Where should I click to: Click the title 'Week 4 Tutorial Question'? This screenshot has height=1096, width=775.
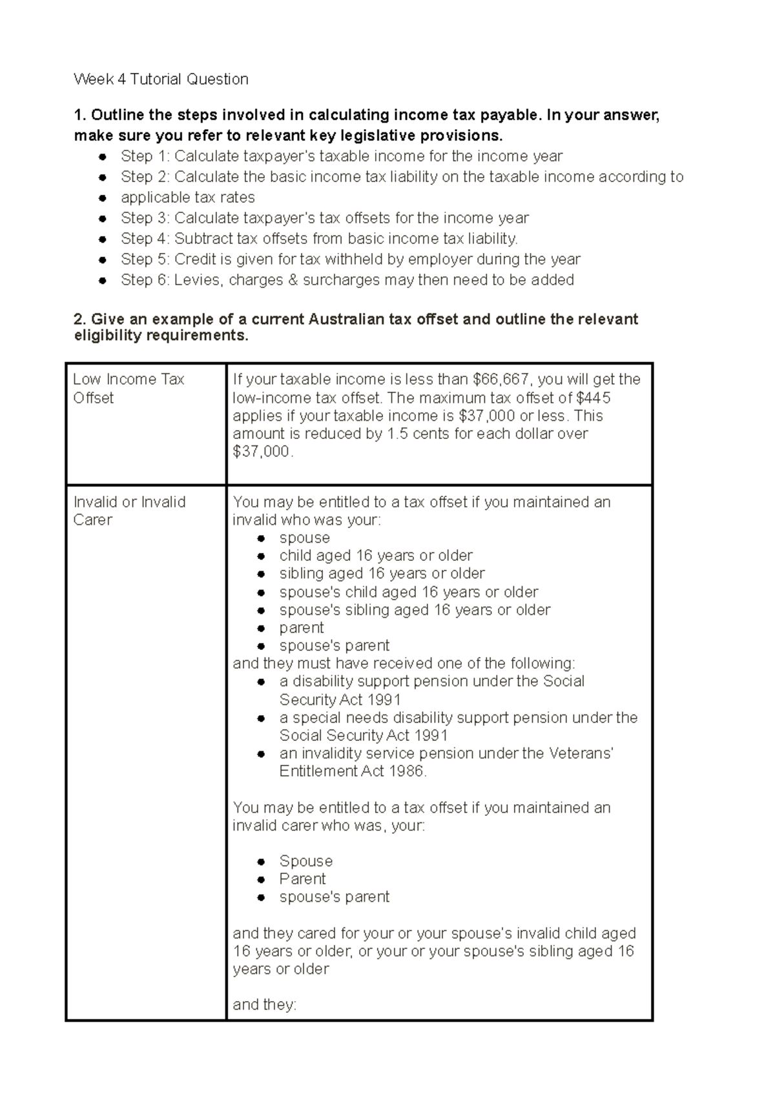click(161, 79)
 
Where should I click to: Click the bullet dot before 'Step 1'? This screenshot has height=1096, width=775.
click(103, 157)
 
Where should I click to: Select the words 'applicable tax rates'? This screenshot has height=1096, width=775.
click(187, 198)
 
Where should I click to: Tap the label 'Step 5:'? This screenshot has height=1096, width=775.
click(145, 259)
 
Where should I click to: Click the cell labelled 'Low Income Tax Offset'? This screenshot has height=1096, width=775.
click(129, 389)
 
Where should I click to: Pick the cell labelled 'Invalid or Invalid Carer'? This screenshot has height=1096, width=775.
click(129, 511)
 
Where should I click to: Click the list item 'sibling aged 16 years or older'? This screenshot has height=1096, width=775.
click(382, 574)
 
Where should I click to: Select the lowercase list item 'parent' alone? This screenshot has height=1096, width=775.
click(302, 628)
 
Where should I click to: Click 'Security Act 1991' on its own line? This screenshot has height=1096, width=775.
click(340, 700)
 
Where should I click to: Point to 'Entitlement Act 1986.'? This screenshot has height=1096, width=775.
click(353, 771)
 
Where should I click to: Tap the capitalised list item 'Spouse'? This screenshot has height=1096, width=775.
click(305, 861)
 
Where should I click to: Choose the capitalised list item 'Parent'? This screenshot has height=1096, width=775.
click(302, 879)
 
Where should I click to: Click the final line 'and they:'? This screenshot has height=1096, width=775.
click(264, 1005)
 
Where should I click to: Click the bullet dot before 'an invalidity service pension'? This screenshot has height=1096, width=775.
click(262, 754)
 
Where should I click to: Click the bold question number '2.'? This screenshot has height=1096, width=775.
click(80, 320)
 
